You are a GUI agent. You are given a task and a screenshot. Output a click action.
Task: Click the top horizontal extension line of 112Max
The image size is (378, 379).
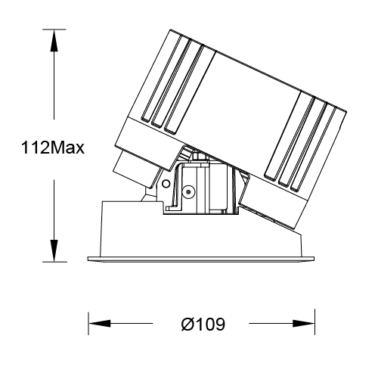(x=57, y=28)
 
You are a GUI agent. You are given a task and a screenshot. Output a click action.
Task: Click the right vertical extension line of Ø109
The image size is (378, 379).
(x=316, y=322)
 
